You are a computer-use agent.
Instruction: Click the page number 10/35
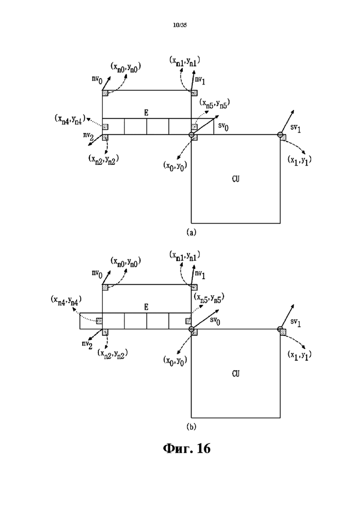coord(180,25)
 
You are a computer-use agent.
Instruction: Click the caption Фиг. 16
coord(186,448)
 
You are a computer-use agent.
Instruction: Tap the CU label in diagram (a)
coord(236,179)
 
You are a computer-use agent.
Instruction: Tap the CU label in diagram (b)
coord(236,374)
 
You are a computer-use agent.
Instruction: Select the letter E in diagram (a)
coord(146,113)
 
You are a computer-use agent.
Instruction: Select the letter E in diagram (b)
coord(146,307)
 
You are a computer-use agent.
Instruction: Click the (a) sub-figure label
coord(191,232)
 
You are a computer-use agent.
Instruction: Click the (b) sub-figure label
coord(191,426)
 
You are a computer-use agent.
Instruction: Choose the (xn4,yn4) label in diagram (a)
coord(70,119)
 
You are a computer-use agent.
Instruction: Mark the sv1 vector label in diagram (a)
coord(295,128)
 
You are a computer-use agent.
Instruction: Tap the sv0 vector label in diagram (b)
coord(215,321)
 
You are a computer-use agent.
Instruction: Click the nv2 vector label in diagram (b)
coord(87,345)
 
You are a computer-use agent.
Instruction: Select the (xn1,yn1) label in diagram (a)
coord(185,61)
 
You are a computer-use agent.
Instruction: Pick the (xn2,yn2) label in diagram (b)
coord(112,353)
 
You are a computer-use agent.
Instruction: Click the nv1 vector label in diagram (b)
coord(200,274)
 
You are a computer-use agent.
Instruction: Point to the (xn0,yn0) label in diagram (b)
coord(126,261)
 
